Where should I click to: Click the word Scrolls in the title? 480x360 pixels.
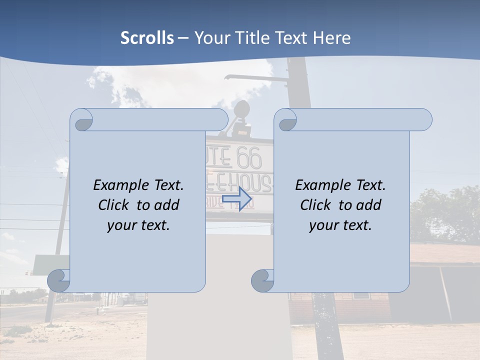tap(147, 38)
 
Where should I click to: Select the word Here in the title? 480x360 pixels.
tap(331, 38)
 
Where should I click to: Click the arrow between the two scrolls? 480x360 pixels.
tap(236, 199)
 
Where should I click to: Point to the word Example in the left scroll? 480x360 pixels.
tap(119, 185)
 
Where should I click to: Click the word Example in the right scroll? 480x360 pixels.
tap(321, 185)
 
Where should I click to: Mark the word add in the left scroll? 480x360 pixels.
tap(166, 205)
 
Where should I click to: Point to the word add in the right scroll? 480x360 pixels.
tap(368, 205)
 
